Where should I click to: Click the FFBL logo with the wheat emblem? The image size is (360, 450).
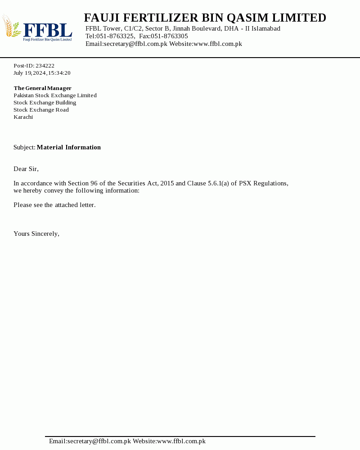coord(37,28)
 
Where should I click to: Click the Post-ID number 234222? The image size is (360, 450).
coord(45,66)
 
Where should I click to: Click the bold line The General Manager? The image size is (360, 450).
coord(42,88)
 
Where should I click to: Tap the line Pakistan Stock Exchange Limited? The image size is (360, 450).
coord(55,95)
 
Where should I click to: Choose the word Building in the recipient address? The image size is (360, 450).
coord(66,103)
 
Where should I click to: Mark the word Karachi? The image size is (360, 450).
coord(23,117)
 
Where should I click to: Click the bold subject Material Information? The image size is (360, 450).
coord(68,147)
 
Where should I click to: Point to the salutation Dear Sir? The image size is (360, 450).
coord(26,169)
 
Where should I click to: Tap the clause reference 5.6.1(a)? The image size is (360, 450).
coord(218,183)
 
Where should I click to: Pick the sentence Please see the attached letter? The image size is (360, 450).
coord(54,205)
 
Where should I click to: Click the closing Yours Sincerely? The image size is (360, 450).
coord(36,234)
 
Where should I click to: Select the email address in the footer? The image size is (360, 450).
coord(99,441)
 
